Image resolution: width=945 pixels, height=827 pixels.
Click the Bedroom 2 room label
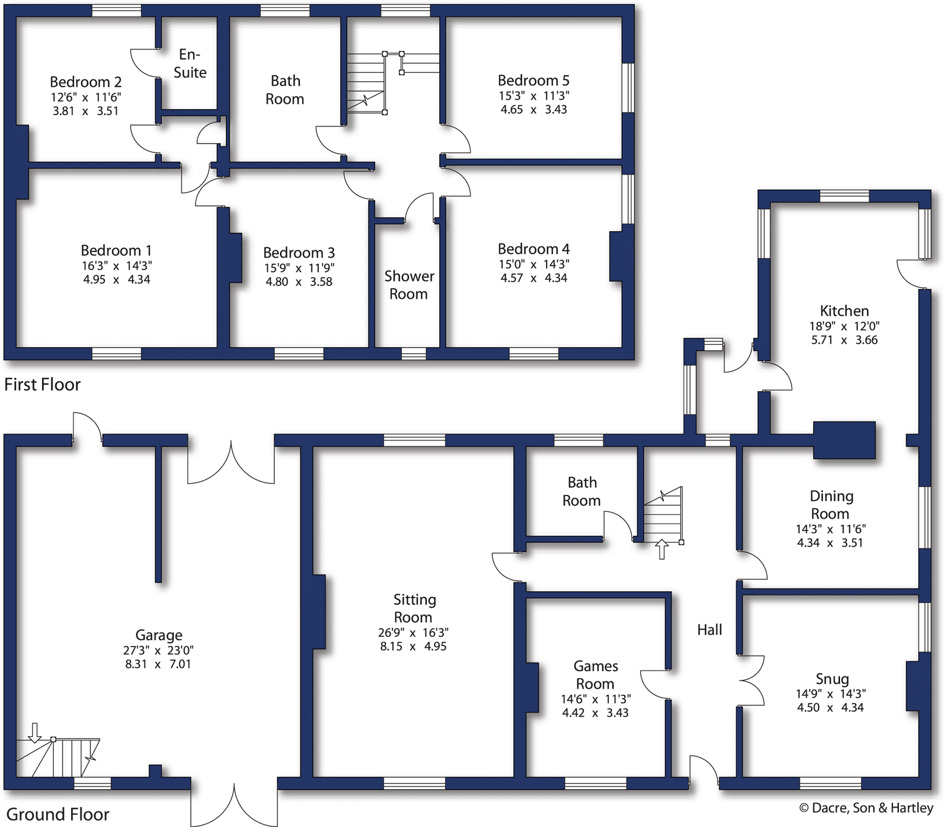click(x=85, y=82)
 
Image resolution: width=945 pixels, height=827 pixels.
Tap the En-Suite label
click(x=190, y=63)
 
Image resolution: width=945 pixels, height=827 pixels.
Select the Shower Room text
click(x=408, y=285)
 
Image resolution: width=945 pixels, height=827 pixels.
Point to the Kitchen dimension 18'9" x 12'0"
click(x=843, y=326)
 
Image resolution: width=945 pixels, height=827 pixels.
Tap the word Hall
click(x=709, y=630)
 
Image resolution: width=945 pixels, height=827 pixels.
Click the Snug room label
click(x=832, y=679)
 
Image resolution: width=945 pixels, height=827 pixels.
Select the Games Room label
click(x=595, y=675)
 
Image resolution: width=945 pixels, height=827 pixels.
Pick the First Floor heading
click(x=42, y=385)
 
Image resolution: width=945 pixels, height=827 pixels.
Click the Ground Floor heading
click(x=57, y=814)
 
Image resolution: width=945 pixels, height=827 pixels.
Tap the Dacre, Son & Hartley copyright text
click(x=866, y=808)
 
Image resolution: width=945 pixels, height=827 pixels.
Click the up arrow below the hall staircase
click(x=661, y=549)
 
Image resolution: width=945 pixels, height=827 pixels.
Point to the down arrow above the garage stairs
click(x=35, y=732)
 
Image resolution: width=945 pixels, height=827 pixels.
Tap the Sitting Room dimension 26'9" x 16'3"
click(x=412, y=633)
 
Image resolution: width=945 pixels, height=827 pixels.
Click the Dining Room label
click(x=831, y=505)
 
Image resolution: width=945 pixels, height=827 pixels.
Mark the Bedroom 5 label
click(x=533, y=81)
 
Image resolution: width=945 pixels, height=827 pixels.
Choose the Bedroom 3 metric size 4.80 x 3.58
click(x=299, y=282)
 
